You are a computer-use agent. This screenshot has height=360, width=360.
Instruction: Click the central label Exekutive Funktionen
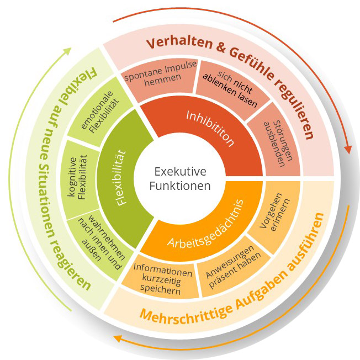click(x=180, y=178)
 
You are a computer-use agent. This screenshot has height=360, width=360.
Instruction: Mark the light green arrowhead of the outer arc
click(x=68, y=51)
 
